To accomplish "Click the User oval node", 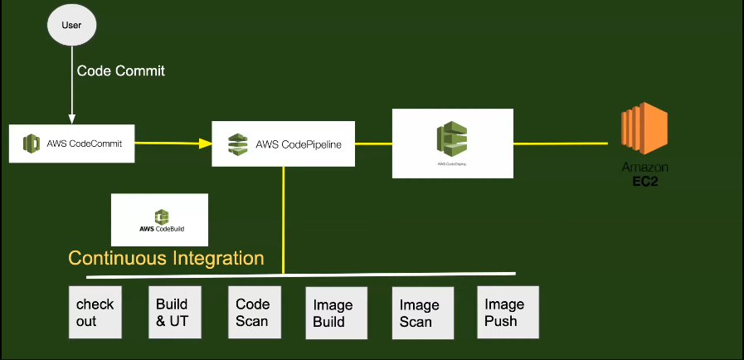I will (72, 25).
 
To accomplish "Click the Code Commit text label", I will (121, 71).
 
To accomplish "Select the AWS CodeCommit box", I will (71, 144).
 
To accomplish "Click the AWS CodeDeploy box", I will (452, 143).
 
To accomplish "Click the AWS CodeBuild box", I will (159, 220).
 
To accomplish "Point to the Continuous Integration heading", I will (166, 258).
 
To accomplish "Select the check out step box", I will (95, 312).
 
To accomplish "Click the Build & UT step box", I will (175, 312).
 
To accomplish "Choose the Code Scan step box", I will (255, 312).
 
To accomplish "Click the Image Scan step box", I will (422, 313).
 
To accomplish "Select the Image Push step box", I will (508, 312).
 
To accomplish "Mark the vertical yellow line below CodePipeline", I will (284, 220).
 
